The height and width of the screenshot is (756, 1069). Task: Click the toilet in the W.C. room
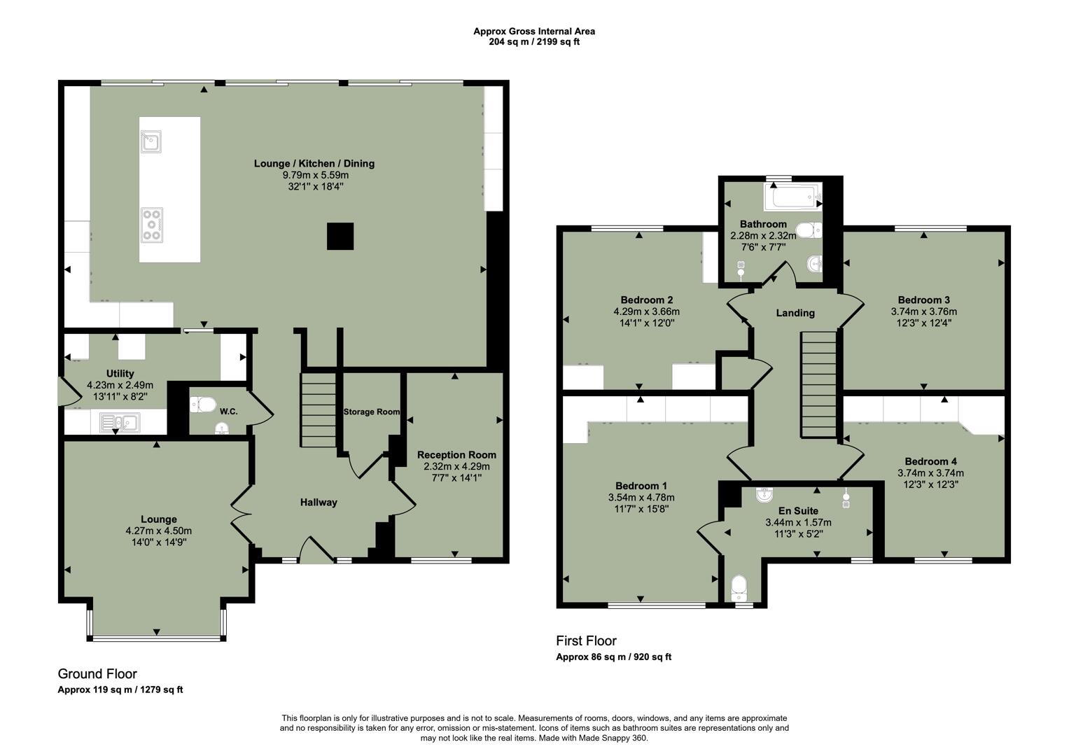click(202, 404)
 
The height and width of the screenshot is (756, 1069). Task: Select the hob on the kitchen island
click(151, 225)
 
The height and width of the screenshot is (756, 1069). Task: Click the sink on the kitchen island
click(151, 141)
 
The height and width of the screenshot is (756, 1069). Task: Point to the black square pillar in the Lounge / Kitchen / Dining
click(340, 236)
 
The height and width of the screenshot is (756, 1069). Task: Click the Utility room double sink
click(120, 421)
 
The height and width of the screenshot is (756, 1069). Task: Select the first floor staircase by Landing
click(818, 384)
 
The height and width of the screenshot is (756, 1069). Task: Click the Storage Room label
click(371, 412)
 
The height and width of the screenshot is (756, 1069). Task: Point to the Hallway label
click(319, 502)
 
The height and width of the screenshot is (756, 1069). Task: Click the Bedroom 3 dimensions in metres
click(923, 311)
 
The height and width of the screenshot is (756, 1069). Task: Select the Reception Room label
click(456, 454)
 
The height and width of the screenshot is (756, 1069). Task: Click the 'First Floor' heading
click(586, 640)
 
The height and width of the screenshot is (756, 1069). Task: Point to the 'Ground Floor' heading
click(97, 673)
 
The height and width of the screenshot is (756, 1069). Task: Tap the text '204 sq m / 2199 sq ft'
click(533, 41)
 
